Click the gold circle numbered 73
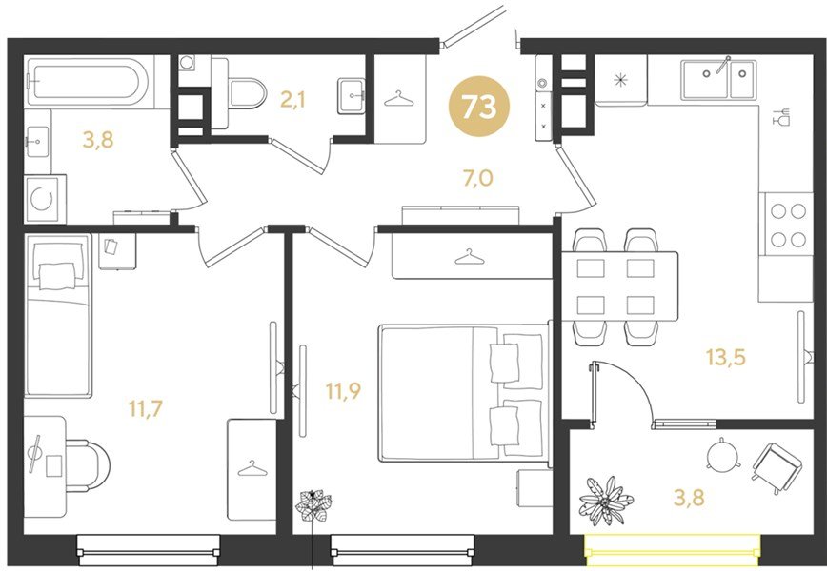[479, 106]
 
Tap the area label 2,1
[293, 99]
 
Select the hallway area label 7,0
[478, 179]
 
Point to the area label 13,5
[726, 357]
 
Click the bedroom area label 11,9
[343, 391]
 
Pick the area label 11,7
[146, 408]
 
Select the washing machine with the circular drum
[45, 199]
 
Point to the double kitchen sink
[718, 80]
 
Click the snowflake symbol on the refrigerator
[621, 81]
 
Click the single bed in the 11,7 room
[58, 315]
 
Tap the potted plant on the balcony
[606, 501]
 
